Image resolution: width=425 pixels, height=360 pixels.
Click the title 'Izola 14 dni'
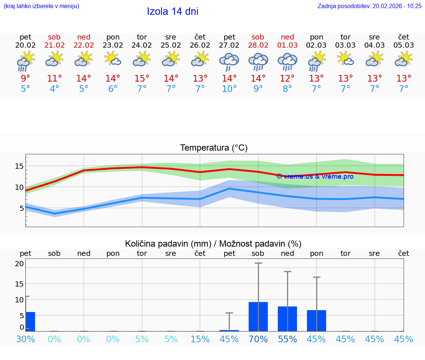pos(173,11)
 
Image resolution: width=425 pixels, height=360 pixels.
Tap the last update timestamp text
pos(369,6)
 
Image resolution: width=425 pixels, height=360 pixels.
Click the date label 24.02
pos(142,45)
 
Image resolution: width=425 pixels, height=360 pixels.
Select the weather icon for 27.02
pos(229,62)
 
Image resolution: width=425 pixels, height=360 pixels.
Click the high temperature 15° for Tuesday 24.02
pos(142,79)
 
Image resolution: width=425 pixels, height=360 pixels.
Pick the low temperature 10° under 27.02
pos(229,89)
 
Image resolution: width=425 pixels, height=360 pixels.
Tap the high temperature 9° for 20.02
pos(25,79)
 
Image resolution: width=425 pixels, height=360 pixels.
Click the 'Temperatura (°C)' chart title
pos(214,148)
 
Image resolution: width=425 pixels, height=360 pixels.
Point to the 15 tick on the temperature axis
pos(19,166)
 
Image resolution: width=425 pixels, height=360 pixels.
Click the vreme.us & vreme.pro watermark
pos(315,176)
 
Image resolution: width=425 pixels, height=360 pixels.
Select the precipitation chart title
pos(213,244)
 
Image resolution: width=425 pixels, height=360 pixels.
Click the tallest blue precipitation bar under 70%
pos(258,316)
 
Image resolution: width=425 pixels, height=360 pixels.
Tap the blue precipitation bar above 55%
pos(287,319)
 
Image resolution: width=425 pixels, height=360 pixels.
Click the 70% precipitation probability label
pos(258,339)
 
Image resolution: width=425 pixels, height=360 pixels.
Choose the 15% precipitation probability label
pos(200,339)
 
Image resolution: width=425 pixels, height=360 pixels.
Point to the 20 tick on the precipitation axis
pos(19,264)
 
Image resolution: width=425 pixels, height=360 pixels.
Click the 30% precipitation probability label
pos(25,339)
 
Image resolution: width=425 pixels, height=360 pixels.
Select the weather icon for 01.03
pos(287,62)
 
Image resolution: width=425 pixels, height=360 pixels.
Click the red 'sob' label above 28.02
pos(258,37)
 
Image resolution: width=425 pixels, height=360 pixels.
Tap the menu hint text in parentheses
pos(41,6)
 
